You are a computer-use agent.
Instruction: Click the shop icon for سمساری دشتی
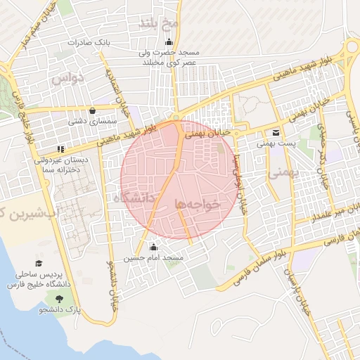(x=93, y=110)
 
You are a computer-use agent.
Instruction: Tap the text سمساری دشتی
(x=84, y=121)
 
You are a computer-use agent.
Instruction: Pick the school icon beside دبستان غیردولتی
(x=61, y=149)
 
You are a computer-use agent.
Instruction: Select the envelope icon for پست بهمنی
(x=275, y=132)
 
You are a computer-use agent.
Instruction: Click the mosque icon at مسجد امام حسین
(x=153, y=247)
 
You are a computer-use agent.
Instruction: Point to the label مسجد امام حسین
(x=153, y=259)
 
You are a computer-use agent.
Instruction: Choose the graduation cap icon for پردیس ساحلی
(x=39, y=263)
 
